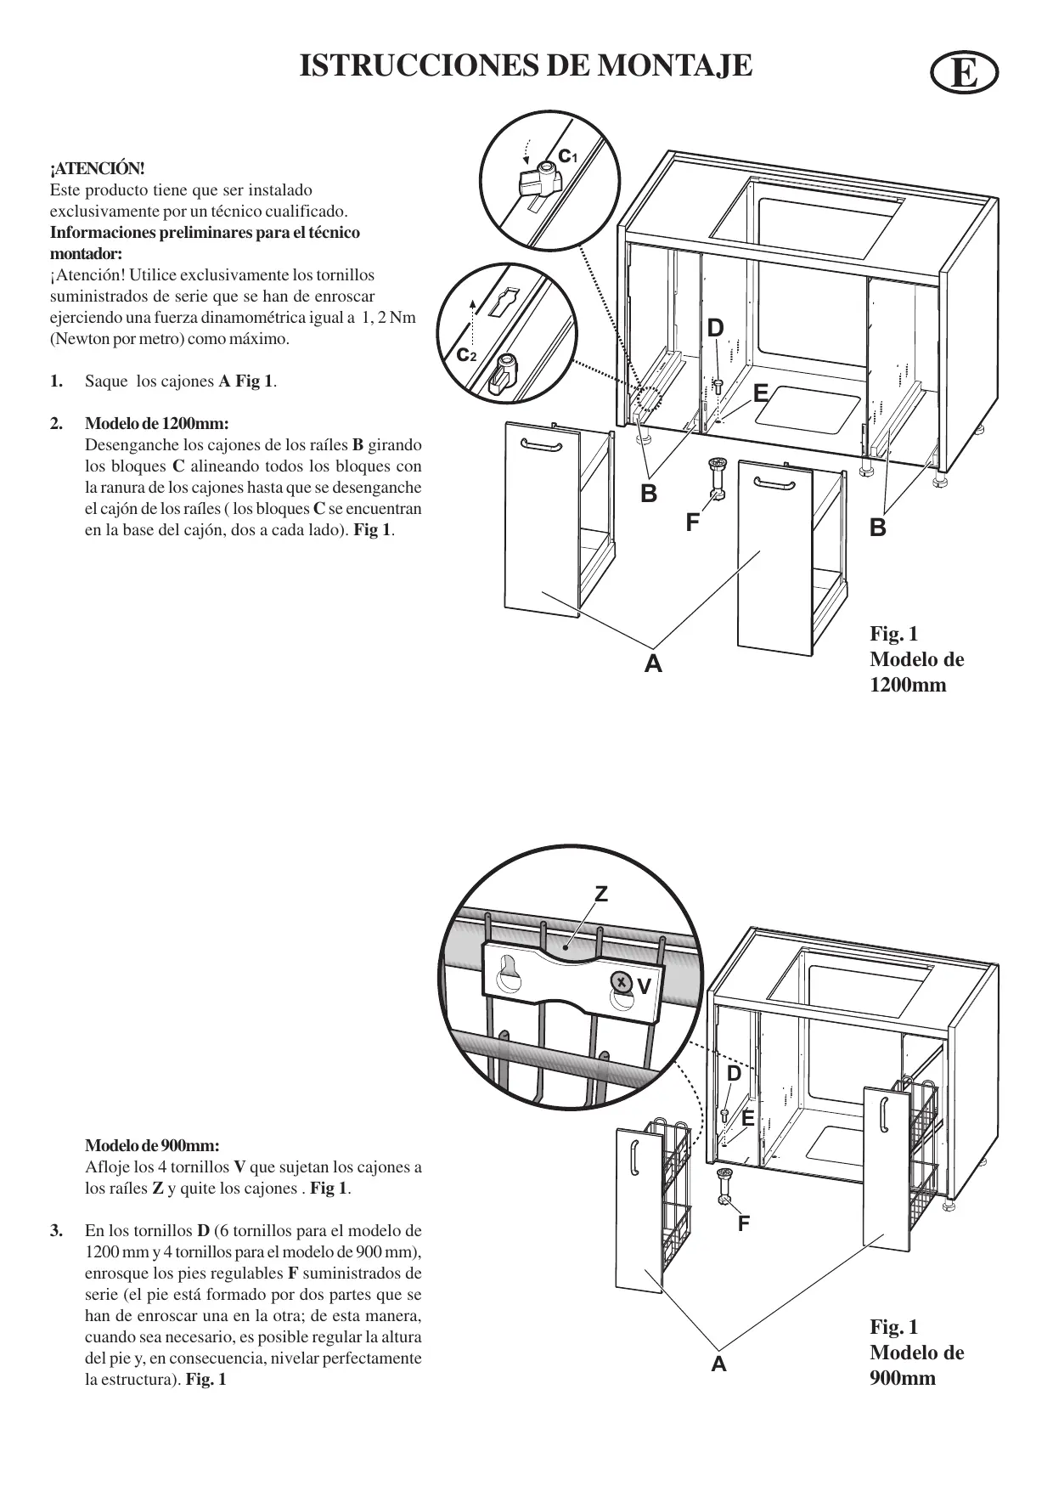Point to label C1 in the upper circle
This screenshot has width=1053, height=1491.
566,156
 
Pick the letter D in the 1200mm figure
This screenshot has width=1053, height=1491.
716,329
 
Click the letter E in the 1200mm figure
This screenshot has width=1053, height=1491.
760,393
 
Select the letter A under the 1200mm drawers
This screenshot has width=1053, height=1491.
652,664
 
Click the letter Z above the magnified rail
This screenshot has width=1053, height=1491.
601,894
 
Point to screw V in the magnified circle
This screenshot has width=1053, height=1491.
622,983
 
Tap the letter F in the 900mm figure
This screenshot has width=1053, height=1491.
743,1223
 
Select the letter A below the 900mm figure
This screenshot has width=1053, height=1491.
719,1364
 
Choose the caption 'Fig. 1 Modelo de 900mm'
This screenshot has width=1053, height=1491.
916,1353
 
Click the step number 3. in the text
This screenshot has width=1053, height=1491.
56,1230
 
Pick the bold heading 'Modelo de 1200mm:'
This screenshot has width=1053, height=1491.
157,423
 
